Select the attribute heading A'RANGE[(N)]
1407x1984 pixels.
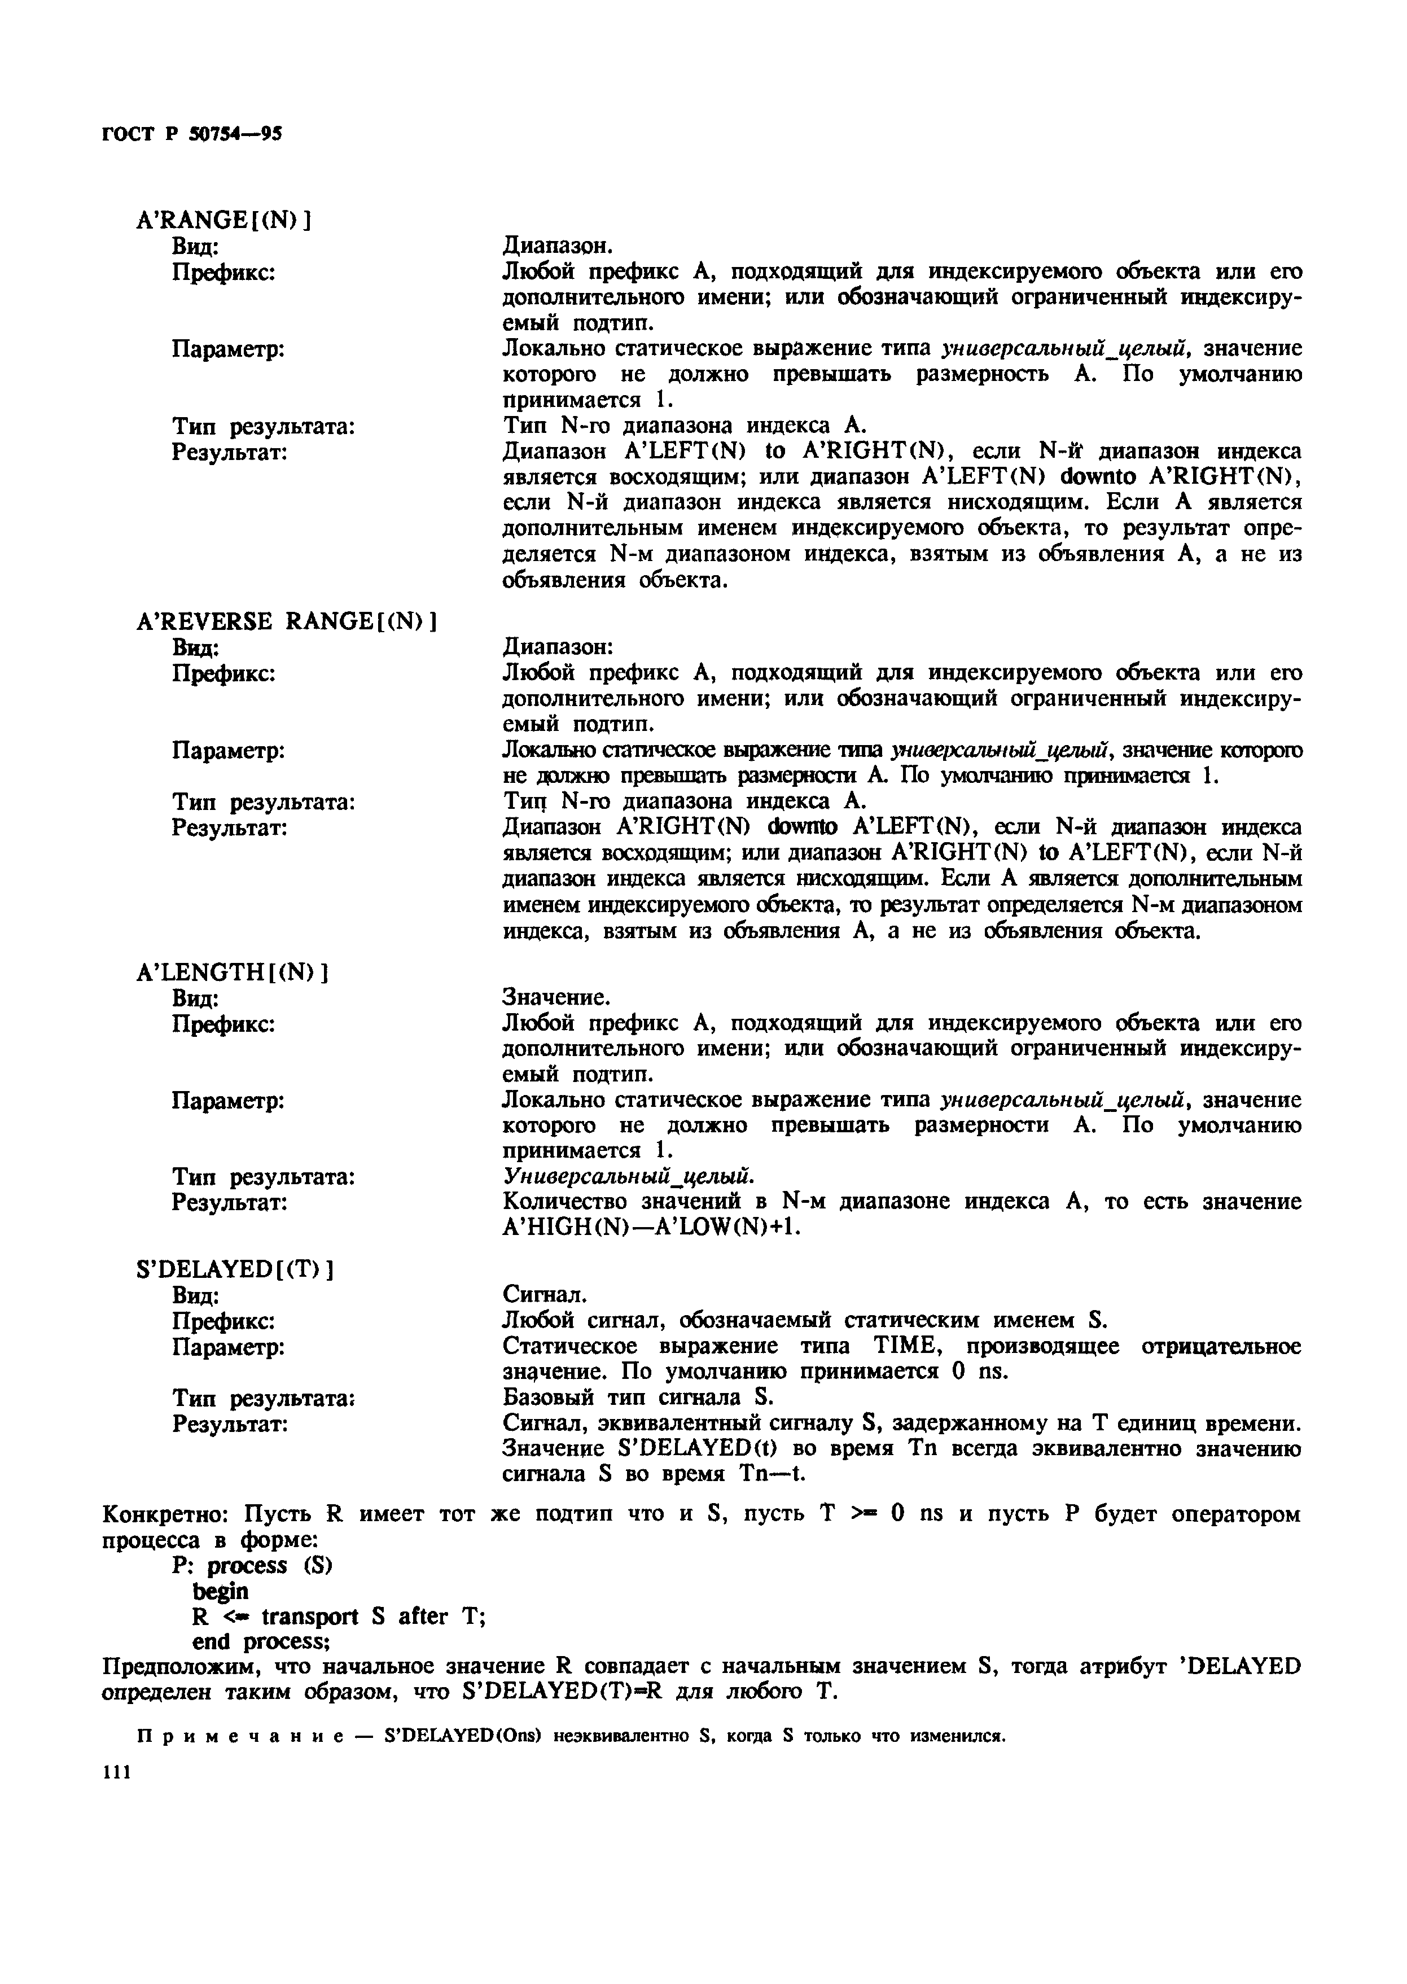pyautogui.click(x=223, y=221)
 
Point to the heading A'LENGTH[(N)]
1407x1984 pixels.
pyautogui.click(x=231, y=972)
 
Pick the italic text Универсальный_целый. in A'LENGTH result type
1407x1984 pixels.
pyautogui.click(x=629, y=1176)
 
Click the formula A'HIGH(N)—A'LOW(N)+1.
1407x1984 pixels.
pyautogui.click(x=650, y=1228)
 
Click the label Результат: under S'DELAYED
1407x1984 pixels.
pyautogui.click(x=230, y=1424)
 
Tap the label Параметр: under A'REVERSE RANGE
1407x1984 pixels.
pyautogui.click(x=229, y=750)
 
